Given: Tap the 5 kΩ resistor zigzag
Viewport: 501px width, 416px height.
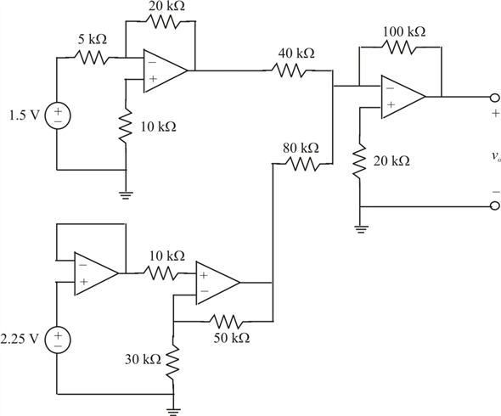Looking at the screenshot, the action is (x=92, y=58).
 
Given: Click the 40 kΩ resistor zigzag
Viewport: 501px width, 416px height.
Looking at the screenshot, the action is (x=290, y=70).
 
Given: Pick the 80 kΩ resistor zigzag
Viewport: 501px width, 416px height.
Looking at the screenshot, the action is (x=301, y=164).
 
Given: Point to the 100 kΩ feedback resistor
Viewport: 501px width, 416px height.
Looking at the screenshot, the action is (x=400, y=47).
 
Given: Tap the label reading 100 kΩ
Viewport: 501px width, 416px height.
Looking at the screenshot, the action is (x=404, y=31).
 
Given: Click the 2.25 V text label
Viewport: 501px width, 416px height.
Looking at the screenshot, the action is (x=20, y=339).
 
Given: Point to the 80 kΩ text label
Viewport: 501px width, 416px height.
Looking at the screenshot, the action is (x=301, y=149).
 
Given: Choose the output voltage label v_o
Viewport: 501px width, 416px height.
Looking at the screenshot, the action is (x=496, y=156).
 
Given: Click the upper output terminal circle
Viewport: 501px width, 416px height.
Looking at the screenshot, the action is (x=495, y=97).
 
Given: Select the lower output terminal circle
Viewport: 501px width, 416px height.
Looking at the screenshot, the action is (x=495, y=206).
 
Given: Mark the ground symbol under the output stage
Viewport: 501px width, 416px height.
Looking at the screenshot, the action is (x=360, y=229).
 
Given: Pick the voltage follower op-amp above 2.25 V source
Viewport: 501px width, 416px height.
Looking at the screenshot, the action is (x=96, y=273).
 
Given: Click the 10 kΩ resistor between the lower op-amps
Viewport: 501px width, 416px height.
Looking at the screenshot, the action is (x=163, y=273).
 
